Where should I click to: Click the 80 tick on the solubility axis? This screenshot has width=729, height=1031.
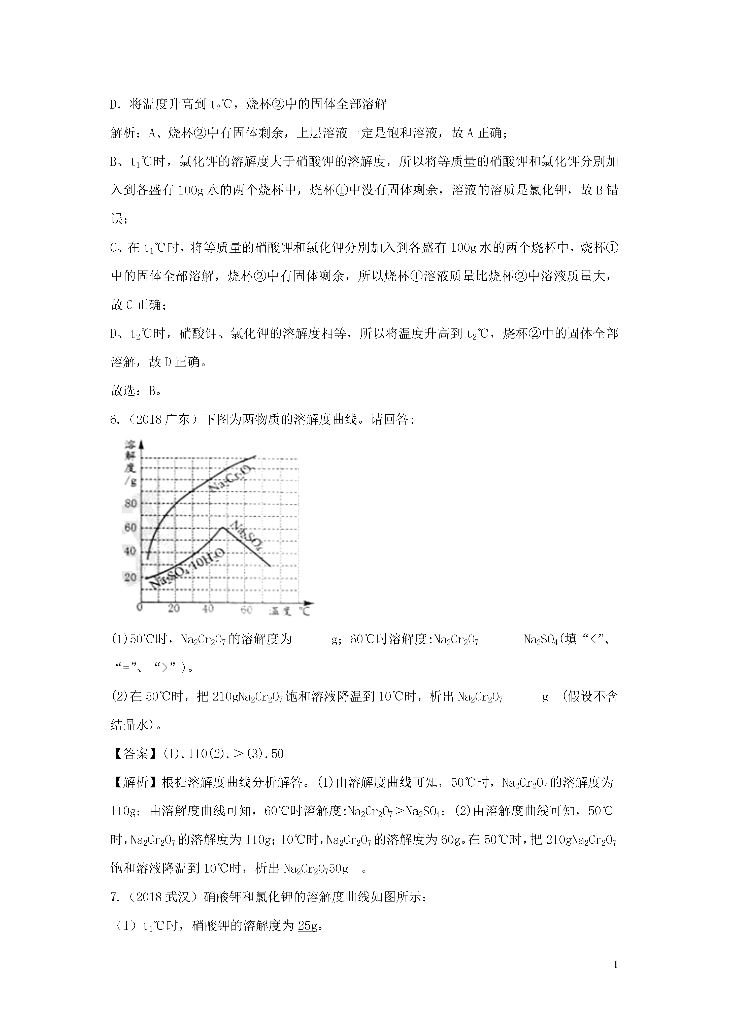(130, 503)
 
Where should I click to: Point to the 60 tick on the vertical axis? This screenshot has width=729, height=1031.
(130, 528)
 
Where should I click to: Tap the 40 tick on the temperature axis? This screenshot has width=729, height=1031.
(208, 609)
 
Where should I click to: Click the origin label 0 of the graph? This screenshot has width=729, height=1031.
(140, 608)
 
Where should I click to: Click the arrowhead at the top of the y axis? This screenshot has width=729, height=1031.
(142, 445)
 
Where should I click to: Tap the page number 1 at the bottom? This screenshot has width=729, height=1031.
(616, 977)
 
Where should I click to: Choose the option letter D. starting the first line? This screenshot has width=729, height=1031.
(114, 105)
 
